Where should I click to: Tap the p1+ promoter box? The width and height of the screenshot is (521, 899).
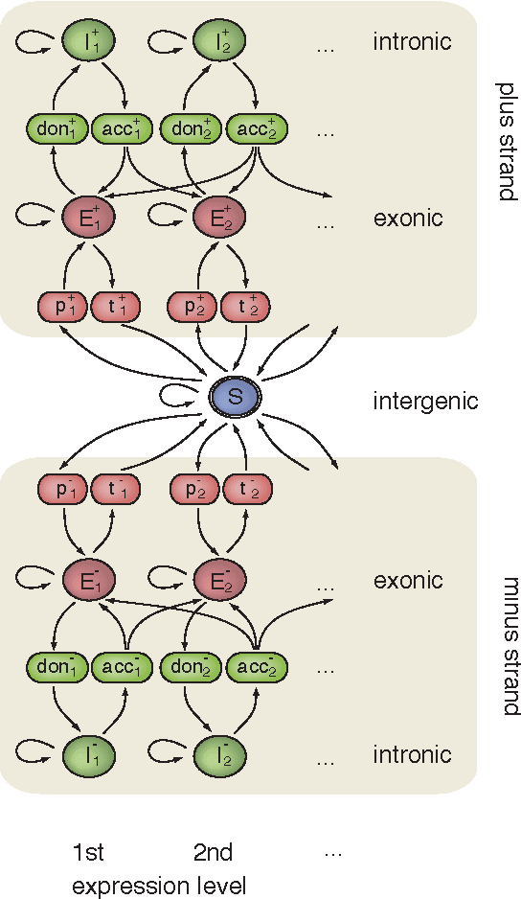(x=62, y=307)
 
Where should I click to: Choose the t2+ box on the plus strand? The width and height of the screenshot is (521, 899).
(x=247, y=307)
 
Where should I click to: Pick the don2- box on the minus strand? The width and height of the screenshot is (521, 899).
(x=190, y=667)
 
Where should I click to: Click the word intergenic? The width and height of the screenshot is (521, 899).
(x=424, y=401)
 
